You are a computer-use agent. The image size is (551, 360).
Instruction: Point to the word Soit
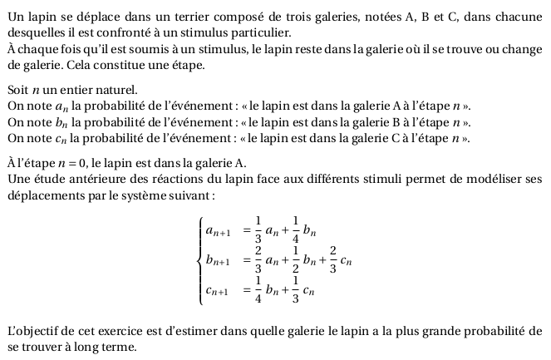[x=17, y=89]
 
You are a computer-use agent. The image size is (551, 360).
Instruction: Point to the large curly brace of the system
[x=199, y=259]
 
